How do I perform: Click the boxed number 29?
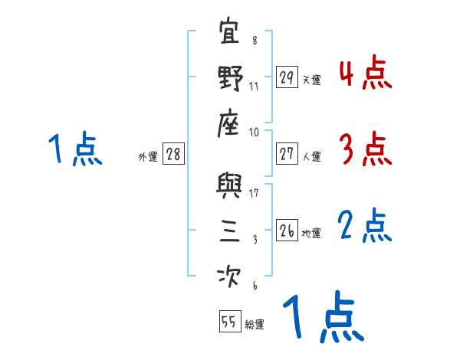click(287, 78)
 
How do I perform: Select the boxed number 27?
click(287, 154)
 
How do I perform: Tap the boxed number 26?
click(287, 231)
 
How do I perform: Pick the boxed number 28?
click(173, 154)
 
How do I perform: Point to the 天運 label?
click(311, 80)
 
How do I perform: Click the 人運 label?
click(311, 156)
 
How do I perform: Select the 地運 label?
click(311, 233)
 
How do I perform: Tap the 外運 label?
click(147, 156)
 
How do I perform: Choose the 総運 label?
click(255, 324)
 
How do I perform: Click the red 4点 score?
click(365, 74)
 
